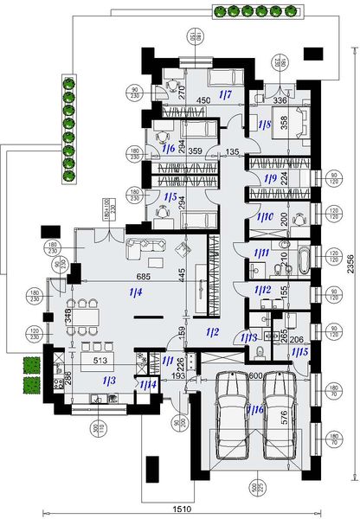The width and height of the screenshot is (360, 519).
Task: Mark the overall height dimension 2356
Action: [350, 259]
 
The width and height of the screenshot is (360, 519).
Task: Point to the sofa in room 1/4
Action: [144, 250]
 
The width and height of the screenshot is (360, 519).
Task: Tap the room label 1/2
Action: [213, 331]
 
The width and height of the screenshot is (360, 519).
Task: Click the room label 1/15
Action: [299, 353]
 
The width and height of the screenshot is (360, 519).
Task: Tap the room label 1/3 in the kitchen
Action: [108, 380]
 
